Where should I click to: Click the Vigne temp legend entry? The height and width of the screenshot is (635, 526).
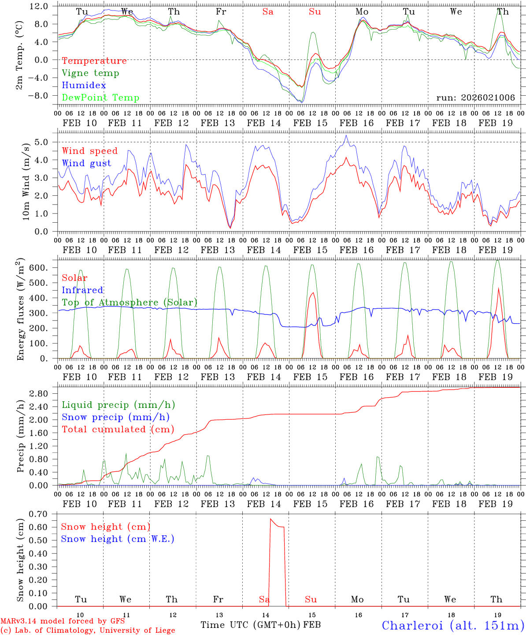point(90,73)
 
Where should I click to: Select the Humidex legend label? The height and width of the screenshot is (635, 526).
point(84,86)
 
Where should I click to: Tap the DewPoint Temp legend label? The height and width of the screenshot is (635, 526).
point(100,98)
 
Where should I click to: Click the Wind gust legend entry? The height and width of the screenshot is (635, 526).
point(86,163)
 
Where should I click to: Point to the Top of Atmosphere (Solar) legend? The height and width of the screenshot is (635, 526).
point(130,303)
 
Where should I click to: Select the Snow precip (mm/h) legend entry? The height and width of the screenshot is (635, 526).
point(115,417)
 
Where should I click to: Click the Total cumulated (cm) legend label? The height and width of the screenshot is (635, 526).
point(118,430)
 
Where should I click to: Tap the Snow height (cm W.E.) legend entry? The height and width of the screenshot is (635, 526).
point(118,539)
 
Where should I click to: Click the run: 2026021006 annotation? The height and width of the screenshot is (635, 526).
point(475,98)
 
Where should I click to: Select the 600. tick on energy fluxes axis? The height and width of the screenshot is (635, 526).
point(40,268)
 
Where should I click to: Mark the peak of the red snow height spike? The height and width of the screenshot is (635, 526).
point(270,519)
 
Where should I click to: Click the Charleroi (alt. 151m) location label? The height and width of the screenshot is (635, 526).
point(453,625)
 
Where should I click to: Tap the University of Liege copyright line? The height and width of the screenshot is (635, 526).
point(88,631)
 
